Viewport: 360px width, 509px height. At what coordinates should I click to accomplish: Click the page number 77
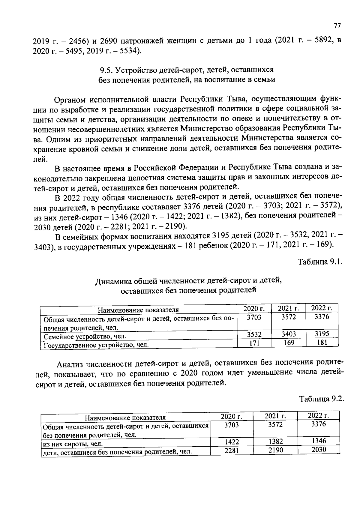tap(337, 26)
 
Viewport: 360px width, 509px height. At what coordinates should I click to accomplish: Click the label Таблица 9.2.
tap(321, 399)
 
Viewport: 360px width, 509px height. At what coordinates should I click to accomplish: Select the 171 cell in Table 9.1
tap(254, 343)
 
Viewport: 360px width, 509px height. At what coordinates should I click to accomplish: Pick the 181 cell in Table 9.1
tap(322, 342)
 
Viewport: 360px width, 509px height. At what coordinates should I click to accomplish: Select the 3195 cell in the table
tap(322, 334)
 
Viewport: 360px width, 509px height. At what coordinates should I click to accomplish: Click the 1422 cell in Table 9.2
tap(232, 442)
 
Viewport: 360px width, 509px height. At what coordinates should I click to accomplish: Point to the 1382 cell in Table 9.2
tap(275, 441)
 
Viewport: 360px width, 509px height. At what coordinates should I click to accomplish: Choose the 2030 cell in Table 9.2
tap(319, 450)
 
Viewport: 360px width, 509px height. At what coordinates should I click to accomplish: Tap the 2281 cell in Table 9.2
tap(232, 451)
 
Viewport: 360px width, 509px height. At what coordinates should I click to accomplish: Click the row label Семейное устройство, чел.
tap(85, 337)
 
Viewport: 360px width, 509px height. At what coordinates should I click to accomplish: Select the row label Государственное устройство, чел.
tap(96, 345)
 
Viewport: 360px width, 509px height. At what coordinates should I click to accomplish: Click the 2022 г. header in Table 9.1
tap(322, 308)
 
